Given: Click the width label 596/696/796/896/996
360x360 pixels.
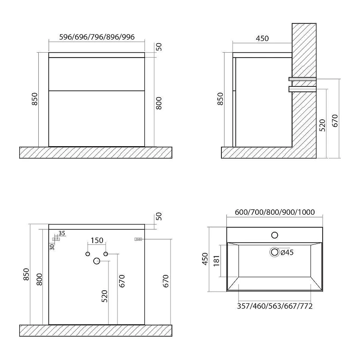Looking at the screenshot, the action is coord(97,37).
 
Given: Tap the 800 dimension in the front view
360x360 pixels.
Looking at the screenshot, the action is coord(159,103).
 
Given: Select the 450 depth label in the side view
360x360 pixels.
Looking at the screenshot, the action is coord(262,38).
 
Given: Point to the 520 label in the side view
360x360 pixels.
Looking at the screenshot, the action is coord(323,125).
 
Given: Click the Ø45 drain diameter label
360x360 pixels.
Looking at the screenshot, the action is coord(287,252).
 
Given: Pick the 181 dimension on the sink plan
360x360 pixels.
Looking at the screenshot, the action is coord(216,261).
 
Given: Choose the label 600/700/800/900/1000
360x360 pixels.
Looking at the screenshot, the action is coord(274,212).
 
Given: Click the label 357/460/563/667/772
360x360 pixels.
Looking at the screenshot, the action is coord(275,306).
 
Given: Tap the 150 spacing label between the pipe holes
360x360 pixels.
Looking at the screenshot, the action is coord(97,240).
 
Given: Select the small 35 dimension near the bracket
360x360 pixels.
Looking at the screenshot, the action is coord(62,233).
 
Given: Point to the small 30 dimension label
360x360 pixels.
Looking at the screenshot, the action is coord(52,247).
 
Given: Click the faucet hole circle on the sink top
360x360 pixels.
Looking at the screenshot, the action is coord(274,235).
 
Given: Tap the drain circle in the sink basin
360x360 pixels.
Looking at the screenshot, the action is coord(274,252).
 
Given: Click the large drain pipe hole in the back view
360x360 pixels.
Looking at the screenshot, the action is coord(97,261).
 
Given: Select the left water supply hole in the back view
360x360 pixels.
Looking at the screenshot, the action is coord(87,254).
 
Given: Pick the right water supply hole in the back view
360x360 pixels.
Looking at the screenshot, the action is coord(106,254).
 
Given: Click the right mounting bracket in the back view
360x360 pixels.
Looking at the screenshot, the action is coord(138,239).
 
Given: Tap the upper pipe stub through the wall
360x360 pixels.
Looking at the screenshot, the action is coord(302,79).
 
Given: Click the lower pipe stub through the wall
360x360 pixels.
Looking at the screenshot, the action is coord(302,89).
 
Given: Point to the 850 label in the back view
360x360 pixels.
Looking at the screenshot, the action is coord(27,274).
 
